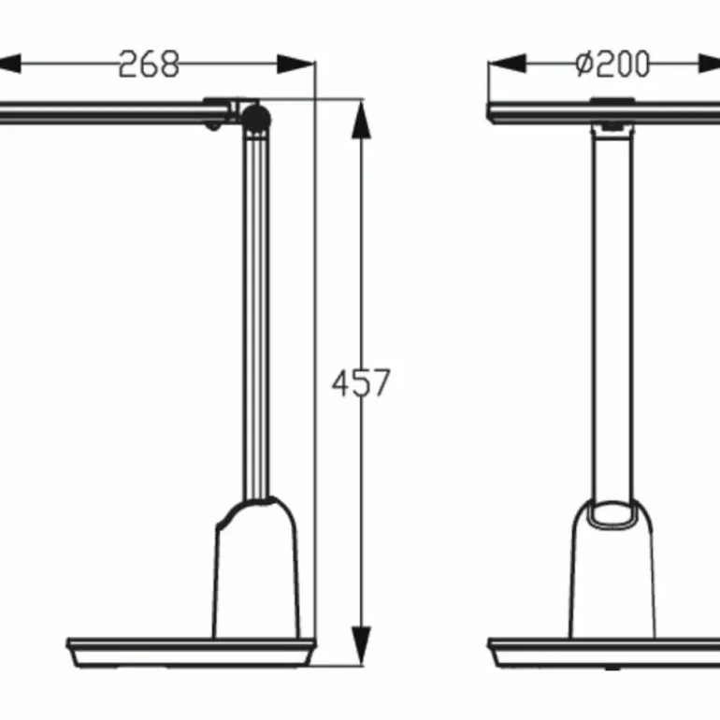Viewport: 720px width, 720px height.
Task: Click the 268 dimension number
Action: [149, 64]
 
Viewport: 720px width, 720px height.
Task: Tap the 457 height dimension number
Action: [361, 382]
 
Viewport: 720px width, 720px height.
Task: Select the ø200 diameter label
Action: [612, 64]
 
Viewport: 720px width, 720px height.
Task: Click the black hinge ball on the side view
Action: [256, 117]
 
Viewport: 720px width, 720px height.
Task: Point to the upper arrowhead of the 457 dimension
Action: [361, 120]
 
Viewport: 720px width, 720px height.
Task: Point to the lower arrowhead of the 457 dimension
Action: [361, 644]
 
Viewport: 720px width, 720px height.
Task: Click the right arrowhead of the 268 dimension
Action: [295, 64]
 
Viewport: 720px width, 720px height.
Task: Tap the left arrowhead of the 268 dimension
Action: [9, 64]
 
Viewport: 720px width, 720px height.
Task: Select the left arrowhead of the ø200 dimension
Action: [508, 64]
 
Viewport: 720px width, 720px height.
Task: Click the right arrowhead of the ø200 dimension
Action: [710, 64]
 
